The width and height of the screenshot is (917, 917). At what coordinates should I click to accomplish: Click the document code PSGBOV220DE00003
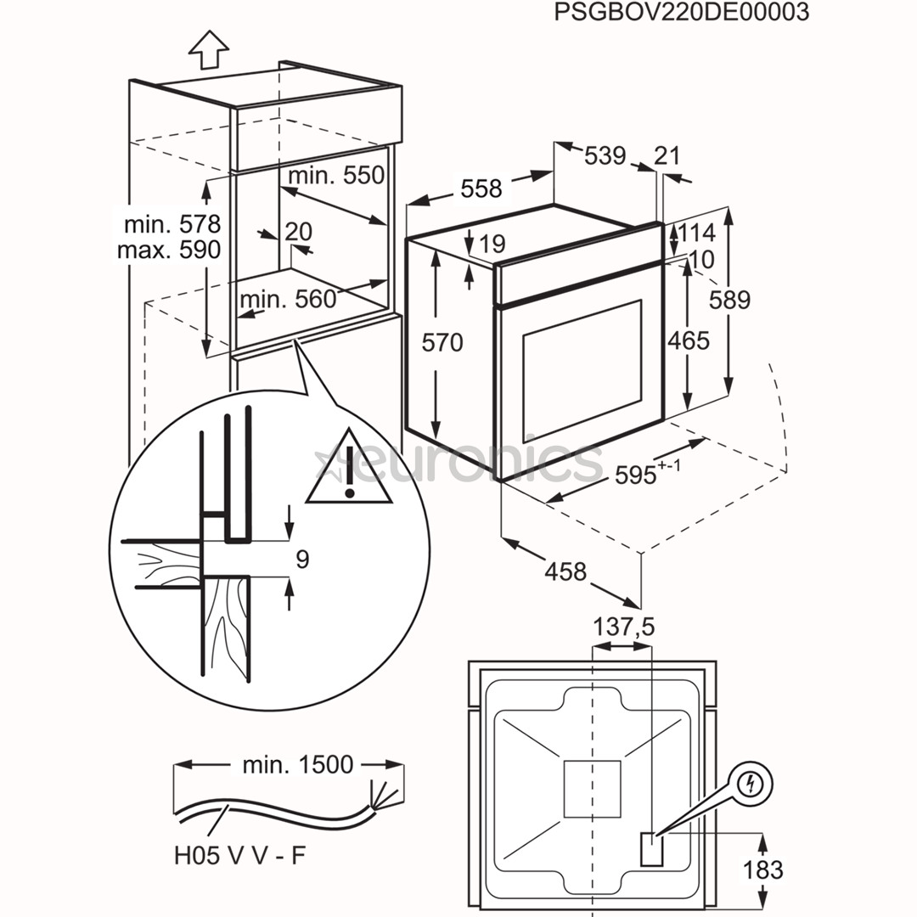pyautogui.click(x=681, y=13)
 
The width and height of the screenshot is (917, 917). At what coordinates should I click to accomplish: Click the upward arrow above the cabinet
pyautogui.click(x=208, y=50)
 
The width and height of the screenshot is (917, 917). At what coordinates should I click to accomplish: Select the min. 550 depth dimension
pyautogui.click(x=336, y=175)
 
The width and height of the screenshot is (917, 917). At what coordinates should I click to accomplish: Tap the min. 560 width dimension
pyautogui.click(x=288, y=299)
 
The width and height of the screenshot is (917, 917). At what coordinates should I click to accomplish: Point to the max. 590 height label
pyautogui.click(x=168, y=250)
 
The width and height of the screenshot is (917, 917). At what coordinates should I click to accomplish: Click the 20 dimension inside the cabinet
pyautogui.click(x=298, y=231)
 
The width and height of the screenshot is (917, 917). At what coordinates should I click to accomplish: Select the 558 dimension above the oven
pyautogui.click(x=481, y=188)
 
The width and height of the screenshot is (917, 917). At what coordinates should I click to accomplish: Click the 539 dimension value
pyautogui.click(x=605, y=155)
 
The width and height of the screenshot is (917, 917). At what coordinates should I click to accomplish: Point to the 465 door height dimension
pyautogui.click(x=688, y=340)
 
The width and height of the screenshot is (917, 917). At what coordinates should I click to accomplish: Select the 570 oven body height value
pyautogui.click(x=442, y=342)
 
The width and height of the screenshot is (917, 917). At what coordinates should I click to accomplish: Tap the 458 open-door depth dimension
pyautogui.click(x=566, y=571)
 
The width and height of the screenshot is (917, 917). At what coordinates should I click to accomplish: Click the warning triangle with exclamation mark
pyautogui.click(x=349, y=471)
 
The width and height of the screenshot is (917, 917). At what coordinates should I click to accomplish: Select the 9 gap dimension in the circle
pyautogui.click(x=303, y=559)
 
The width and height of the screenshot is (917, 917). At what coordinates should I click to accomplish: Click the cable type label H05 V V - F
pyautogui.click(x=239, y=855)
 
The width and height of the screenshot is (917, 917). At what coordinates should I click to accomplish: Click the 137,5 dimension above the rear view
pyautogui.click(x=623, y=627)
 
